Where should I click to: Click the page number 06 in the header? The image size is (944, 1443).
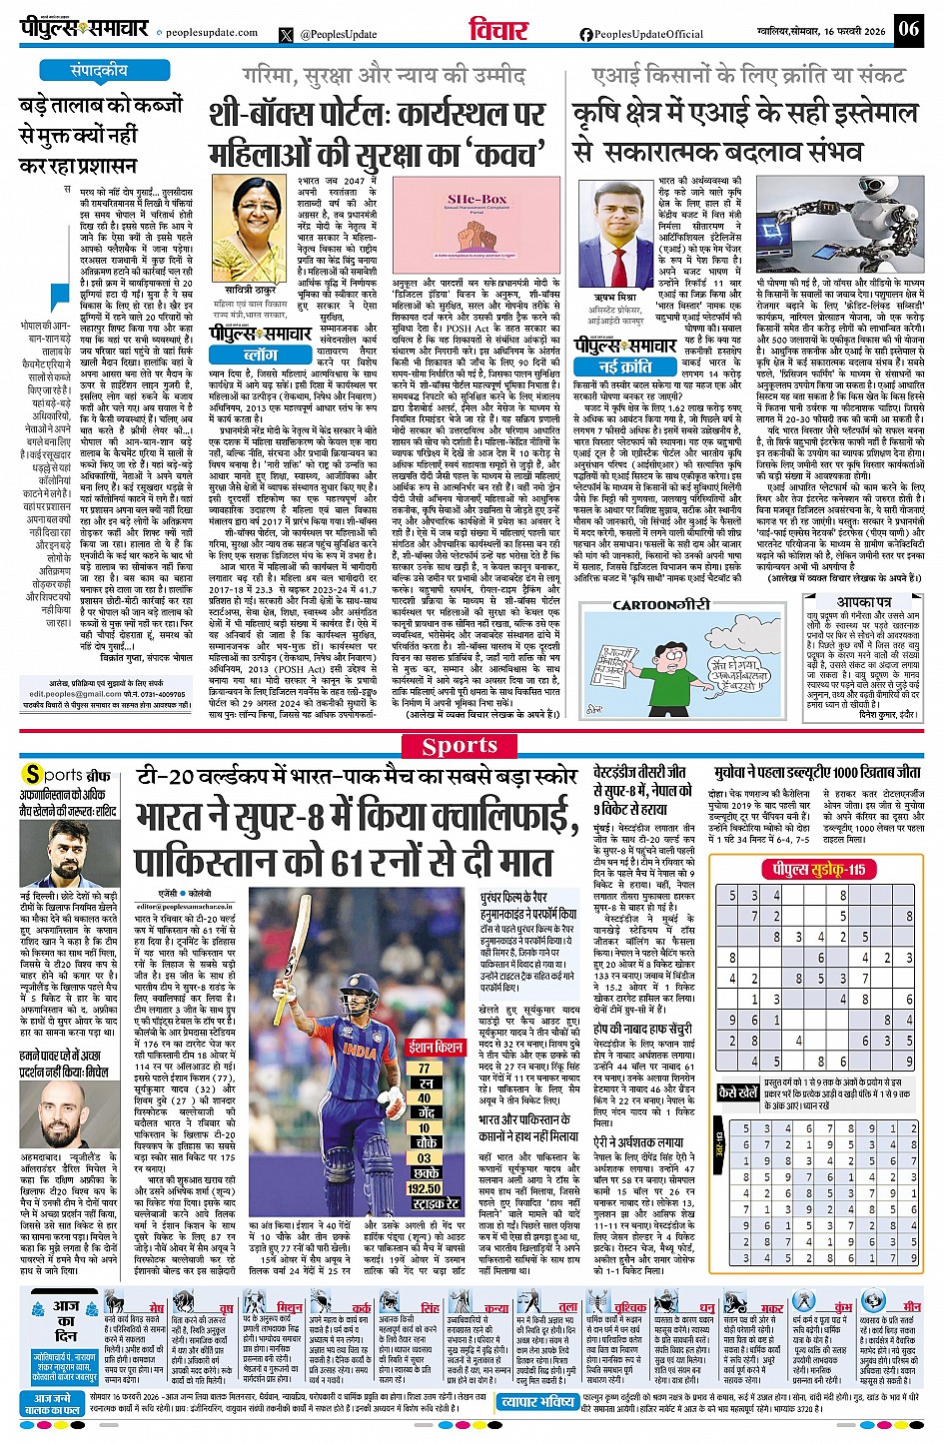(x=908, y=27)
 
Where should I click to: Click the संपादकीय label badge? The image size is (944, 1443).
(x=99, y=71)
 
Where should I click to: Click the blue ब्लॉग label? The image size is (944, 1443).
(x=260, y=354)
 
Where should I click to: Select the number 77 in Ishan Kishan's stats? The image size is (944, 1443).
(x=424, y=1068)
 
